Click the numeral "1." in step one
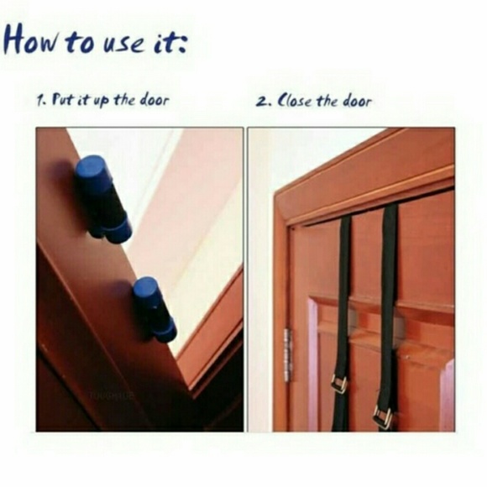pos(41,102)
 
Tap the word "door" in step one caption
pos(154,100)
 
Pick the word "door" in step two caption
pos(357,101)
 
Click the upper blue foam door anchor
pos(102,199)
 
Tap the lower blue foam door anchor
pos(154,309)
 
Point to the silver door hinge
pos(287,354)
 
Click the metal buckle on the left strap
pos(339,385)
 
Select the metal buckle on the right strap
pos(383,417)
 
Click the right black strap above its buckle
pos(389,304)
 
